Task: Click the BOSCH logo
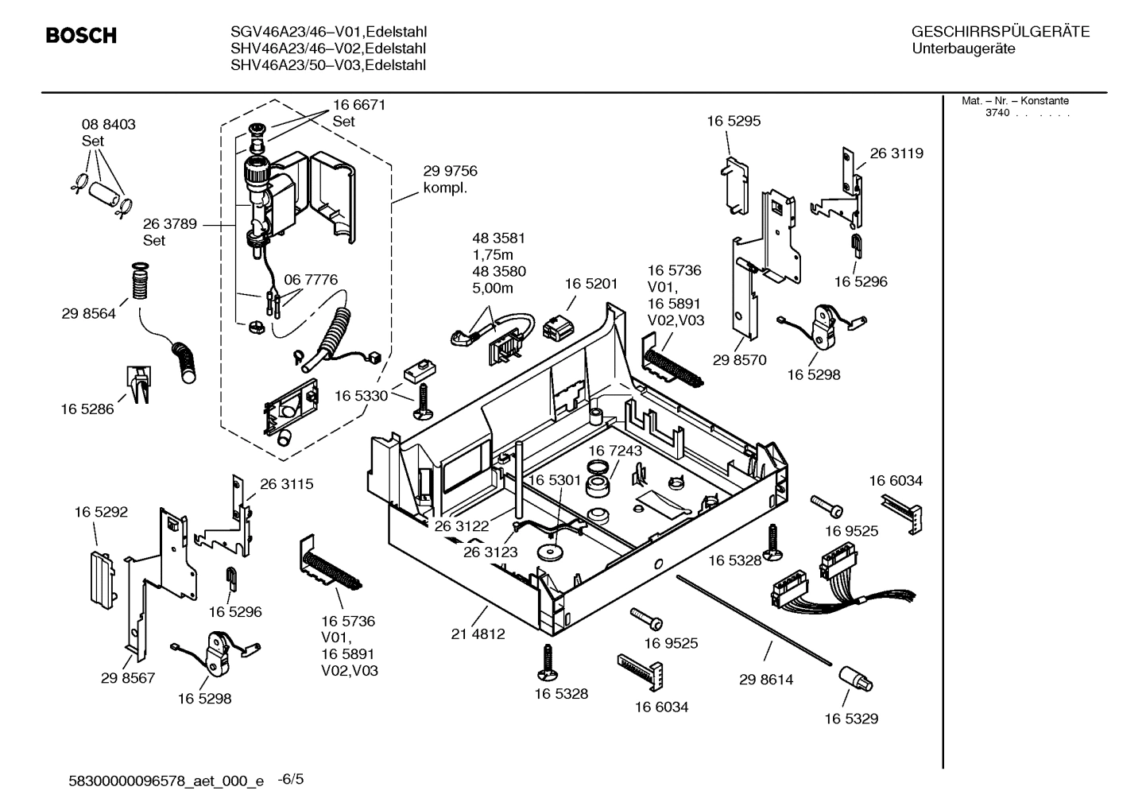tap(81, 36)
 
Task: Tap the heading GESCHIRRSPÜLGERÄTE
tap(1000, 32)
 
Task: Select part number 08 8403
tap(108, 125)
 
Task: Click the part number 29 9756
tap(450, 171)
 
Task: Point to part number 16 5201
tap(590, 284)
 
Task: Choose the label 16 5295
tap(733, 122)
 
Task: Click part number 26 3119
tap(896, 153)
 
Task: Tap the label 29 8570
tap(739, 360)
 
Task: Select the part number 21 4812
tap(478, 634)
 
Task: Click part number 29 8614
tap(765, 680)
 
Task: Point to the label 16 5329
tap(850, 719)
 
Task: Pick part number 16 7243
tap(615, 451)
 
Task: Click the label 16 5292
tap(101, 513)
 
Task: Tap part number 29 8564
tap(88, 314)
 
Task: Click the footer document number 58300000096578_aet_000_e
tap(167, 781)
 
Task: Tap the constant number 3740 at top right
tap(997, 113)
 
